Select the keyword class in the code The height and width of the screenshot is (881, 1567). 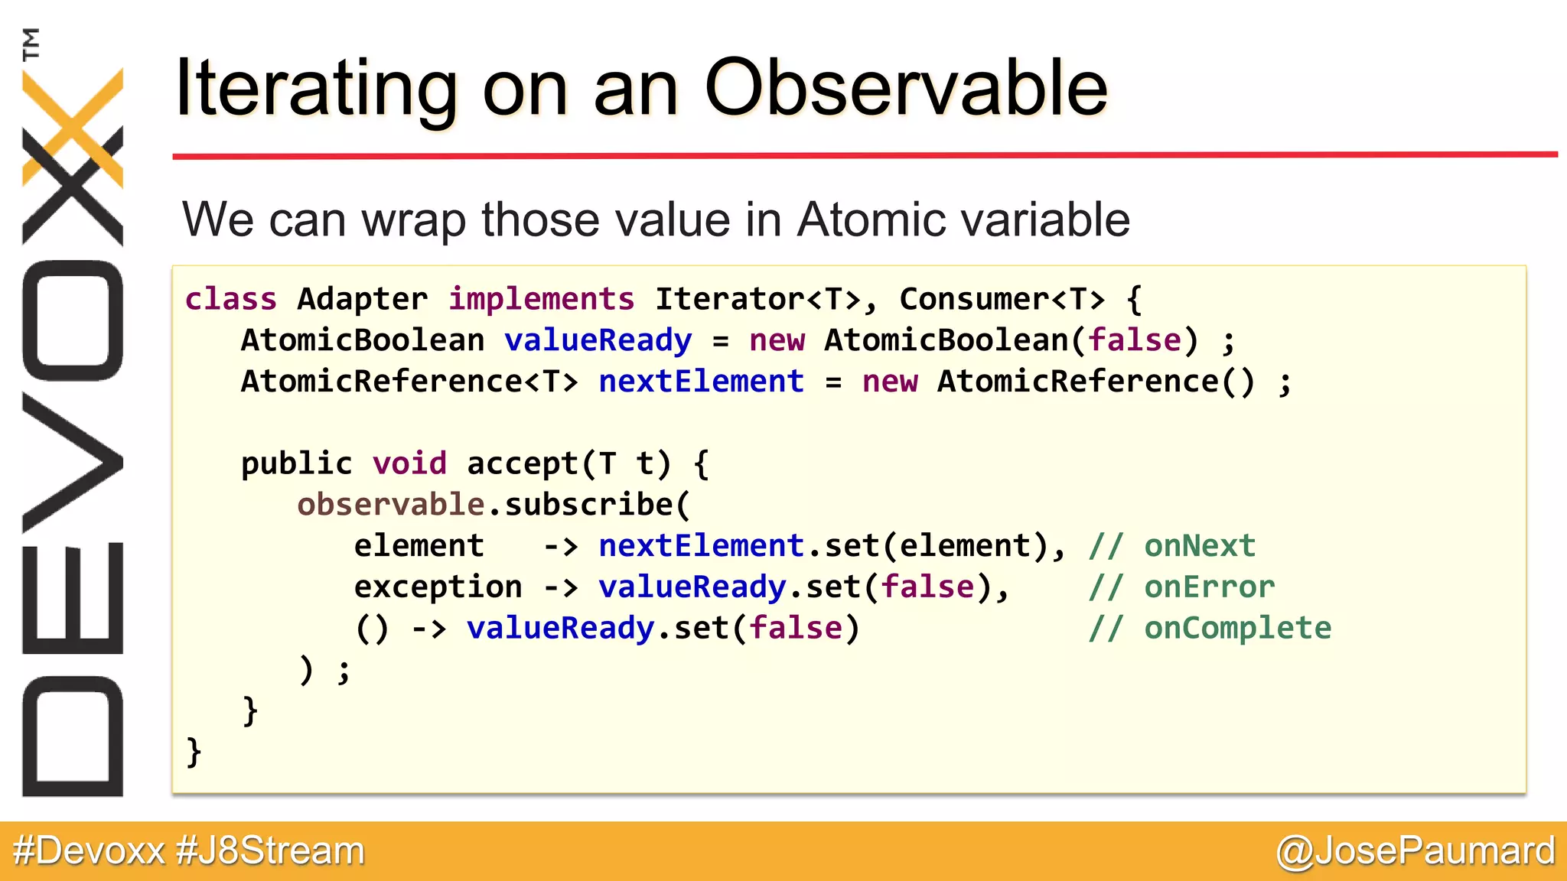point(230,299)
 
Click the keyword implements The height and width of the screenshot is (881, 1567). point(541,299)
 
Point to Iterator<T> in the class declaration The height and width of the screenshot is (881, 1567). point(757,299)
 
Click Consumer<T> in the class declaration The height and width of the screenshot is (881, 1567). point(1002,299)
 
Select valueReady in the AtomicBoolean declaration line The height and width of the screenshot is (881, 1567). point(598,340)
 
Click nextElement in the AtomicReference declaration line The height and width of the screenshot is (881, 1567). point(701,382)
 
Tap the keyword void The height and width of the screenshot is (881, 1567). point(409,463)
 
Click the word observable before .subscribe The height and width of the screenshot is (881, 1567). point(390,505)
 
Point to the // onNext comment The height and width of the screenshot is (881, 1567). point(1172,546)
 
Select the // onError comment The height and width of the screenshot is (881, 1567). point(1182,587)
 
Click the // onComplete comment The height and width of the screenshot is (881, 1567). point(1210,629)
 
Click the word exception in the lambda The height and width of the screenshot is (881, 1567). point(438,587)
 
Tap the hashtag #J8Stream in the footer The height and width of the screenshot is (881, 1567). point(270,851)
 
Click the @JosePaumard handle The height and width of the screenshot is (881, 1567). point(1416,851)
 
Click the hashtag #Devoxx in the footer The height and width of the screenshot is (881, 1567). point(90,851)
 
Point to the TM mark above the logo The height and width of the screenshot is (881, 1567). point(31,44)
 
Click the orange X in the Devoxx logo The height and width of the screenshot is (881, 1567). point(73,126)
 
